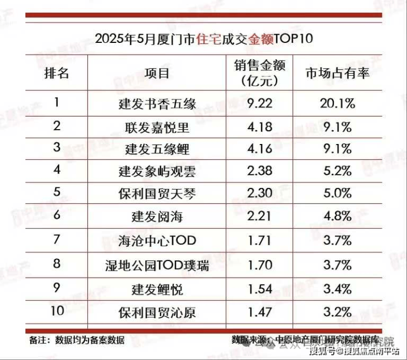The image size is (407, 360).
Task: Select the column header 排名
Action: [x=57, y=74]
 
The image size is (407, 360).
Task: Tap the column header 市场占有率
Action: [x=338, y=74]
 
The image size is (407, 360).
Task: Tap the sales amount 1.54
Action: [x=259, y=289]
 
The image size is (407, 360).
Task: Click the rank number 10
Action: [x=57, y=312]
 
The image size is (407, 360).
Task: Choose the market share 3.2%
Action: [x=338, y=312]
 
